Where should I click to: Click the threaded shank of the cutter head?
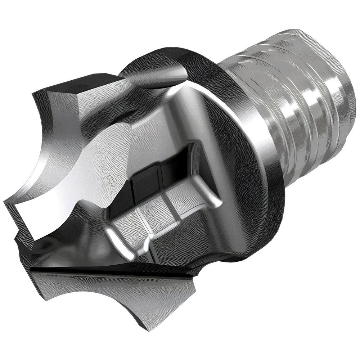click(306, 108)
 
